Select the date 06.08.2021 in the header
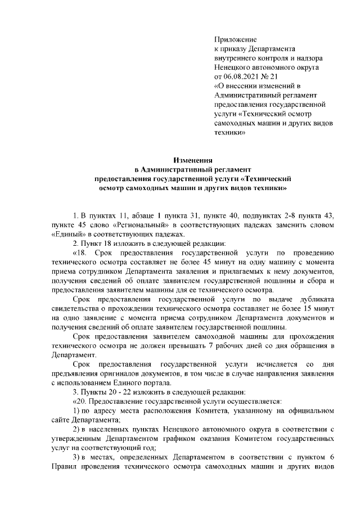tap(244, 75)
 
